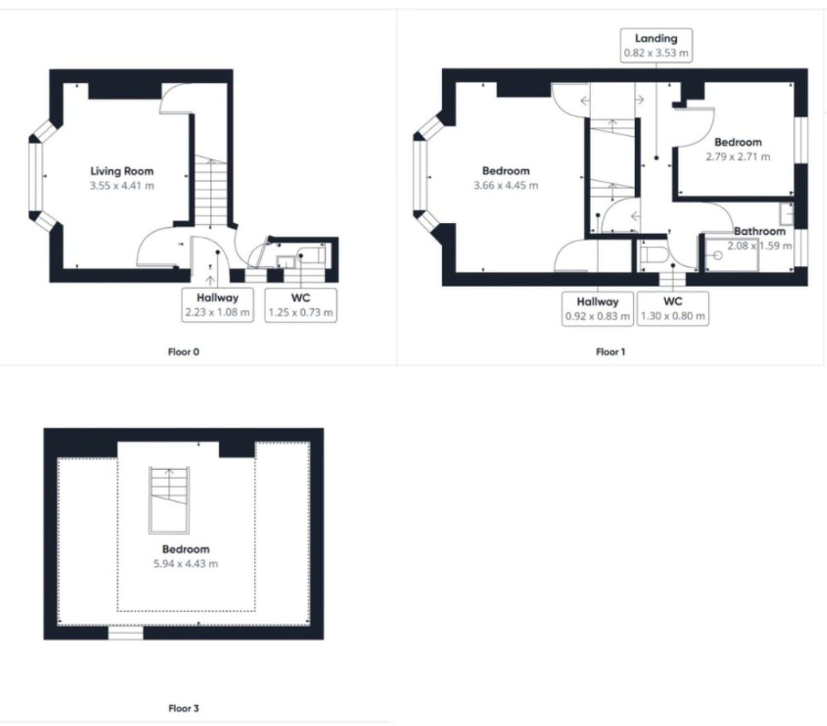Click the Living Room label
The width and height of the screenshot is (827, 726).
122,171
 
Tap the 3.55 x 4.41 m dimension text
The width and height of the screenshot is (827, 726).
122,186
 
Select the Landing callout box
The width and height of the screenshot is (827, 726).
656,45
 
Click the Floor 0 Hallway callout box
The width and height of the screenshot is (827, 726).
218,305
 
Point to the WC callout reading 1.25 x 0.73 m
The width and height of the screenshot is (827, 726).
301,305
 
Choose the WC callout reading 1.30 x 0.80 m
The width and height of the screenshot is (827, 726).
672,308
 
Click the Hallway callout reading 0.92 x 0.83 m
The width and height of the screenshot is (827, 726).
598,308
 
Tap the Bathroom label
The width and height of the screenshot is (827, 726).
759,231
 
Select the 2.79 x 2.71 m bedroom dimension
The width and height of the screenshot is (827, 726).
738,157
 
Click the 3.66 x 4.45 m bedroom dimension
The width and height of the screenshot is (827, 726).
506,185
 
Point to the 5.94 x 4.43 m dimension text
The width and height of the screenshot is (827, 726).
186,564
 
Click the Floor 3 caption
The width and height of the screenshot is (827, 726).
184,708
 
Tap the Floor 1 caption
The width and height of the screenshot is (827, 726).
610,352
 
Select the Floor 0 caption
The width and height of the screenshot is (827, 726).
184,352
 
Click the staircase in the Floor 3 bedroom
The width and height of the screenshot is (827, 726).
169,500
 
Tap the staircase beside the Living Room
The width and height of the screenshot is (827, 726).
210,190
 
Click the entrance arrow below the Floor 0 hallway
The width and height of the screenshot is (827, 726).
210,280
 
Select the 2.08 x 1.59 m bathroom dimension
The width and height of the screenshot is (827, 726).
759,246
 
